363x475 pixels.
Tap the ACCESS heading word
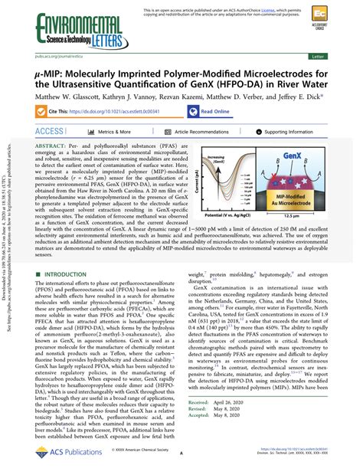click(51, 132)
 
